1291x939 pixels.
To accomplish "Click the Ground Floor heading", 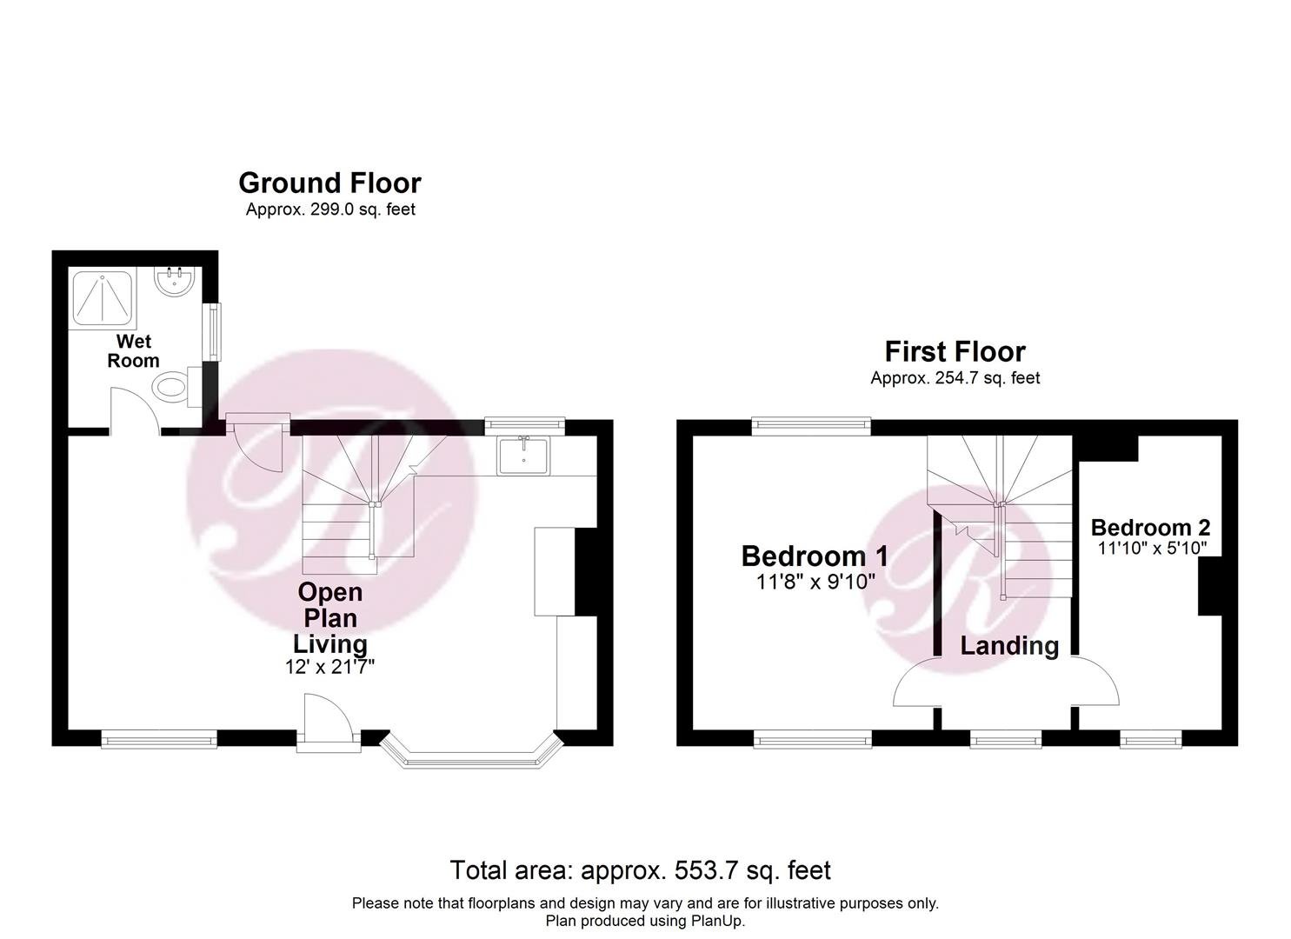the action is pyautogui.click(x=329, y=183).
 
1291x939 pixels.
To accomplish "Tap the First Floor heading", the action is pyautogui.click(x=955, y=351).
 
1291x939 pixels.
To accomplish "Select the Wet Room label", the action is pyautogui.click(x=133, y=351).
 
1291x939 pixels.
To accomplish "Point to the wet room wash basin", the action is pyautogui.click(x=176, y=281).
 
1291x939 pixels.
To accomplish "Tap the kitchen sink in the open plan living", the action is pyautogui.click(x=524, y=456).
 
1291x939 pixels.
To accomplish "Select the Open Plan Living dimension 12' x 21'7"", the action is pyautogui.click(x=329, y=667).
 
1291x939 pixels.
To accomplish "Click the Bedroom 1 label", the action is pyautogui.click(x=815, y=556).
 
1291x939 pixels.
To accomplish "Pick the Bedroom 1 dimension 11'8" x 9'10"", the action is pyautogui.click(x=815, y=583).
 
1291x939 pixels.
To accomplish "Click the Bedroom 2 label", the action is pyautogui.click(x=1150, y=528).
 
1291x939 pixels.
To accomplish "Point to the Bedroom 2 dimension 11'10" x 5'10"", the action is pyautogui.click(x=1152, y=548).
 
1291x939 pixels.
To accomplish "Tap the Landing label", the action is pyautogui.click(x=1009, y=646).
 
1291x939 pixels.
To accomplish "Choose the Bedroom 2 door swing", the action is pyautogui.click(x=1095, y=681).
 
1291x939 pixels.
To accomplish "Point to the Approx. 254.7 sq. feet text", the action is pyautogui.click(x=955, y=378).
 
